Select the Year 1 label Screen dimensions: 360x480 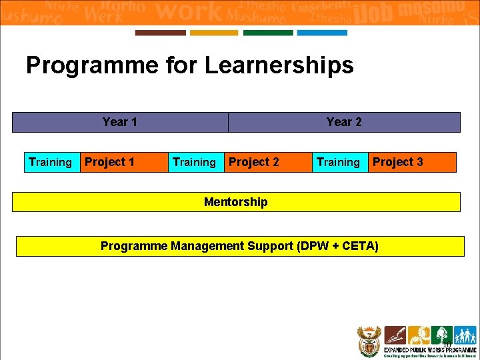pyautogui.click(x=120, y=122)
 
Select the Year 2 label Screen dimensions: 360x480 pyautogui.click(x=344, y=122)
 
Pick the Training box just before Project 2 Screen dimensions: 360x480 pyautogui.click(x=195, y=162)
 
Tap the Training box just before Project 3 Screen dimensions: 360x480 pyautogui.click(x=339, y=162)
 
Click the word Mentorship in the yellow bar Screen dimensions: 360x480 pyautogui.click(x=236, y=202)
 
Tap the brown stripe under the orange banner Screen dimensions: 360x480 pyautogui.click(x=160, y=33)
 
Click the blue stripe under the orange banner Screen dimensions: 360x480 pyautogui.click(x=322, y=33)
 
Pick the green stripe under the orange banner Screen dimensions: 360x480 pyautogui.click(x=268, y=33)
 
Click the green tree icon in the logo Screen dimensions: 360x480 pyautogui.click(x=441, y=335)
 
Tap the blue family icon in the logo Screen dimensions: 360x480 pyautogui.click(x=465, y=335)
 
